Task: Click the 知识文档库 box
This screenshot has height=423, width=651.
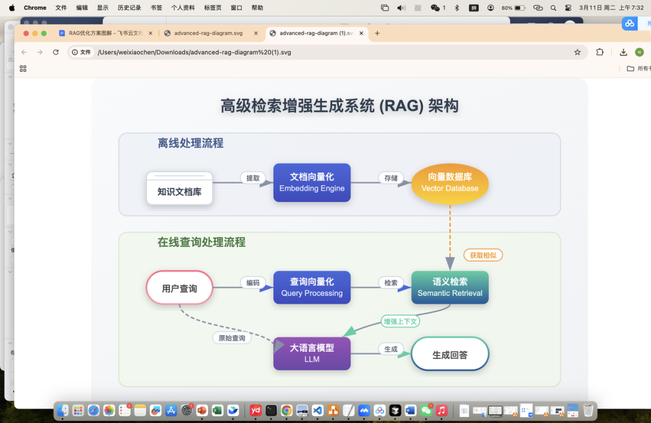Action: pos(180,188)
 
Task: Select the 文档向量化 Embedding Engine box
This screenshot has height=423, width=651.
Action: pos(312,183)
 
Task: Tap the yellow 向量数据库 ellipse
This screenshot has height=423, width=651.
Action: pos(450,183)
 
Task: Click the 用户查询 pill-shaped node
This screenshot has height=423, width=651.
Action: pos(180,288)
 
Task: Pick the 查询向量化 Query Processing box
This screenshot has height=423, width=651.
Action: pos(312,287)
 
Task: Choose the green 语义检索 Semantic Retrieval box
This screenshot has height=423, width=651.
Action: pos(450,287)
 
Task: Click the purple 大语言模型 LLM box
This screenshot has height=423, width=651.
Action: pos(312,353)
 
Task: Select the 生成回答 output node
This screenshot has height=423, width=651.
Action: pos(450,354)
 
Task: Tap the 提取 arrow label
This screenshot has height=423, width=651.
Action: pos(253,178)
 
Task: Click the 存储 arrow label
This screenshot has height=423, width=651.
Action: pos(391,178)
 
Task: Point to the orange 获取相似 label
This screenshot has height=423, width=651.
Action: pos(483,255)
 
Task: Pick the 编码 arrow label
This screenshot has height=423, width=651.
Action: pos(253,283)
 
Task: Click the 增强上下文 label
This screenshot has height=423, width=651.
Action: pos(400,321)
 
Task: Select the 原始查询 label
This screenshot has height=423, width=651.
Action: pos(231,338)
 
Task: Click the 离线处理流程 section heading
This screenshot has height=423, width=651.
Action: pos(190,143)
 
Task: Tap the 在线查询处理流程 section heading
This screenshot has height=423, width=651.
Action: pos(201,242)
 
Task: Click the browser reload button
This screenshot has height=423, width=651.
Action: pos(56,52)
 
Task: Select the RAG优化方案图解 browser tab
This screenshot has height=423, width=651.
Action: pos(102,33)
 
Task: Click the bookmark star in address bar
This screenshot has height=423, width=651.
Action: pos(577,52)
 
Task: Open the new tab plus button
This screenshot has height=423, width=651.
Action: pos(377,33)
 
